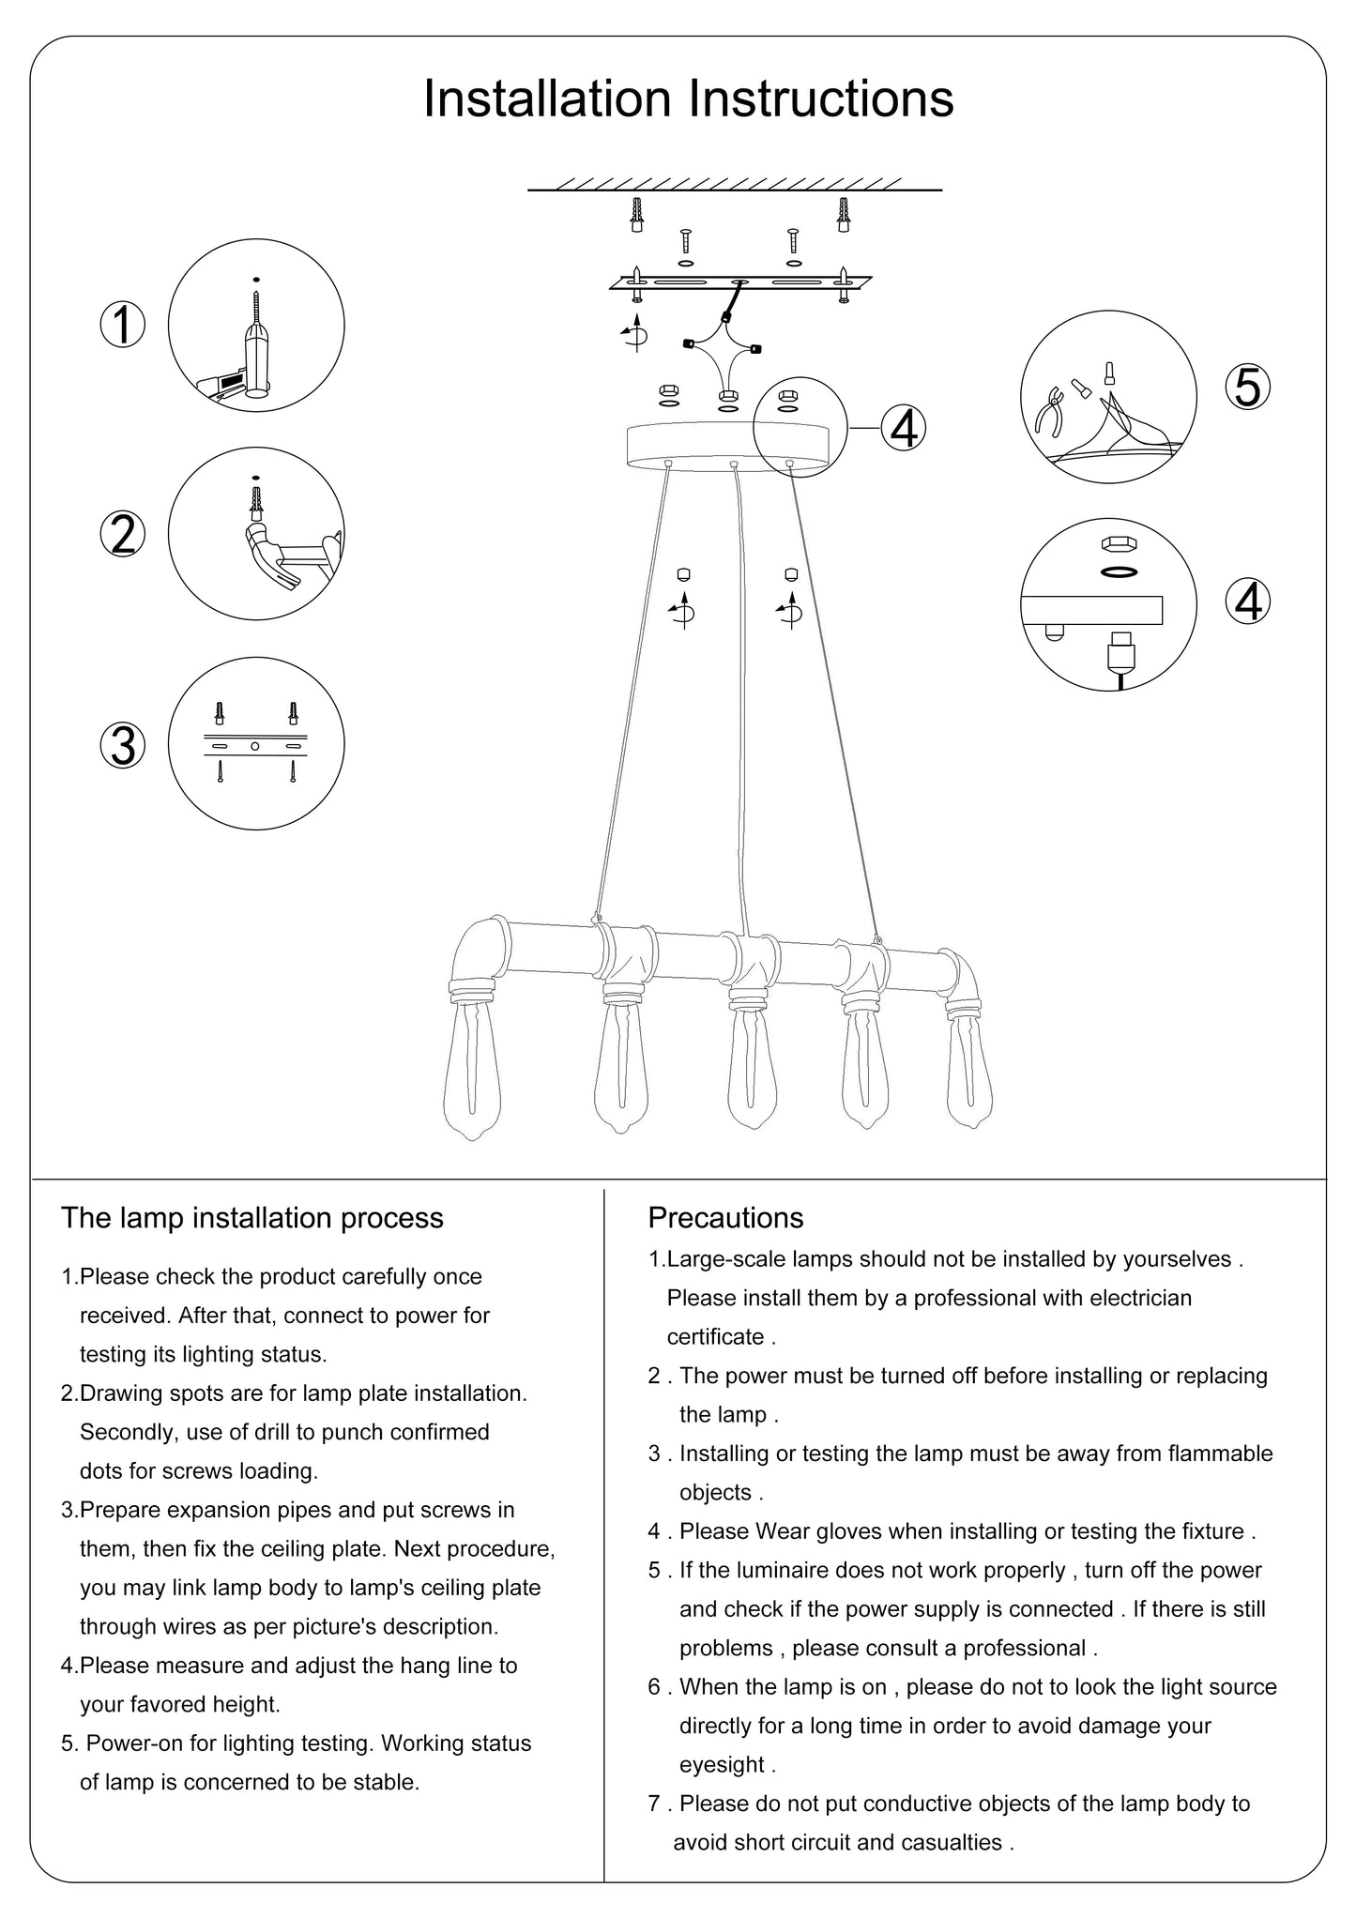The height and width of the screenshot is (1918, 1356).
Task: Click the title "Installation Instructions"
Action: click(688, 99)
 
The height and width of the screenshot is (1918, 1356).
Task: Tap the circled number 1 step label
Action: click(123, 326)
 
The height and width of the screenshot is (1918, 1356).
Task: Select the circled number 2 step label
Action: click(123, 534)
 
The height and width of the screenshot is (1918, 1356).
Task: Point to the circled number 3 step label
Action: click(123, 745)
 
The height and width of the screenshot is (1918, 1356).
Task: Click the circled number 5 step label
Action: click(1247, 387)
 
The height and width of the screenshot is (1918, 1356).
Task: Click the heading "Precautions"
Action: click(725, 1218)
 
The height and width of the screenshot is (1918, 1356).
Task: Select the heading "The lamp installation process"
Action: click(251, 1218)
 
